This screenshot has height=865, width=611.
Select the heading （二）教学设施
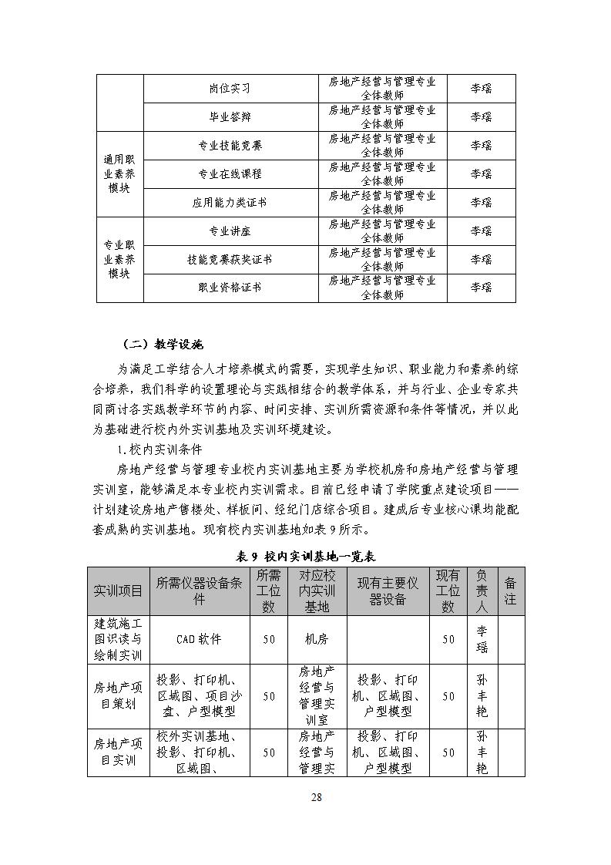(163, 344)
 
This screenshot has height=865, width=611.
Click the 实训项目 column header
(118, 591)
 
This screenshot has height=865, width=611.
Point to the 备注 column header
(510, 591)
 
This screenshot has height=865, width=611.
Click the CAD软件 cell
(199, 639)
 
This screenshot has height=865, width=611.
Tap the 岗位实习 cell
(230, 89)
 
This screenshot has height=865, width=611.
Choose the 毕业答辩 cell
(230, 117)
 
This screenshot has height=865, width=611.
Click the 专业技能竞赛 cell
(230, 146)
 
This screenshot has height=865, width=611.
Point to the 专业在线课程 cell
(230, 174)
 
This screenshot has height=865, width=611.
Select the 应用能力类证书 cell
(230, 203)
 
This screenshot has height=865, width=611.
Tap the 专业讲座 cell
(230, 231)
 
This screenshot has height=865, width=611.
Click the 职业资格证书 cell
(230, 288)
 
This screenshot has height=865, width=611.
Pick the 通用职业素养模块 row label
(119, 174)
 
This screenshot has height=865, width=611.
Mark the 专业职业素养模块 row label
(119, 260)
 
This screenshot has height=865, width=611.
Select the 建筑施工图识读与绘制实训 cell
(118, 639)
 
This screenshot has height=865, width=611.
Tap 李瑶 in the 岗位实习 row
(482, 89)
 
